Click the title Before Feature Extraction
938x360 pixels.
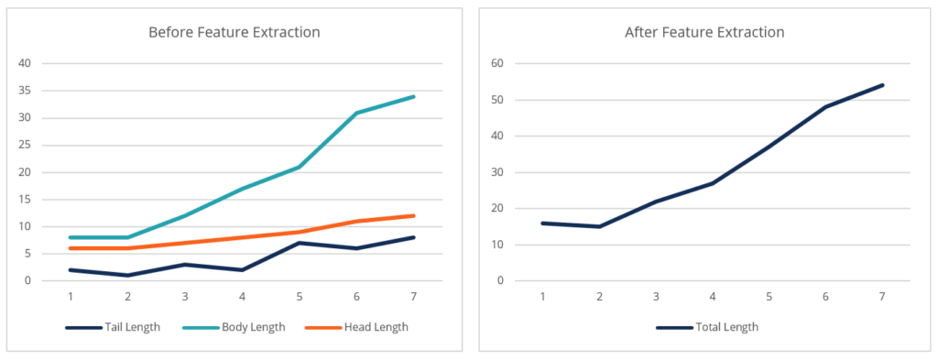(x=234, y=32)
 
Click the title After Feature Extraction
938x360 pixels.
(x=704, y=32)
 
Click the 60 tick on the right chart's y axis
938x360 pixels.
(x=499, y=63)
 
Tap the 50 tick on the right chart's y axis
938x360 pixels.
(x=499, y=100)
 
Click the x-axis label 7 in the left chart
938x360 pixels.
(x=413, y=297)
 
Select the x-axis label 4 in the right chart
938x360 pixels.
(x=713, y=297)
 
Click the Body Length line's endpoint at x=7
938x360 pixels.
(x=413, y=96)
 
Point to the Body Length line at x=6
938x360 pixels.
(x=356, y=113)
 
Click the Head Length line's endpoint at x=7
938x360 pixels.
(x=413, y=216)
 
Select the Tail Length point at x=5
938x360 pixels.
(x=300, y=243)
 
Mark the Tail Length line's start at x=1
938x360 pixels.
(x=71, y=270)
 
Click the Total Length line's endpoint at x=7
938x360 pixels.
(x=882, y=85)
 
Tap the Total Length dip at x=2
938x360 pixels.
(x=599, y=226)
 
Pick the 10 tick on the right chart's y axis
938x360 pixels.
(x=499, y=245)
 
